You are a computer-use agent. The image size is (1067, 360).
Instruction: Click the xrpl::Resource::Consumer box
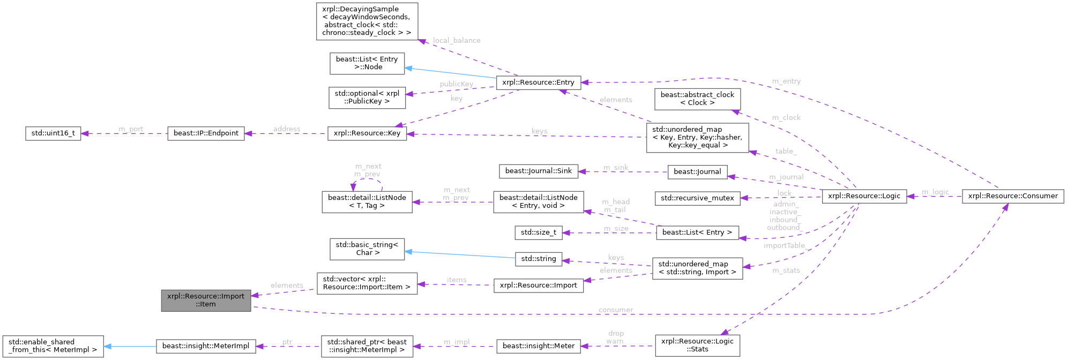point(1013,196)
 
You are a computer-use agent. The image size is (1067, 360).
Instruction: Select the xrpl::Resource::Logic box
point(864,196)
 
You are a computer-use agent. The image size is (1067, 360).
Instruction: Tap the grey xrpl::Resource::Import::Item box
point(206,300)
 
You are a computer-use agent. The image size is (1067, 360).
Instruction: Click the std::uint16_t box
point(53,133)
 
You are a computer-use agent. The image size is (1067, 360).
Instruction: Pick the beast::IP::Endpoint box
point(206,133)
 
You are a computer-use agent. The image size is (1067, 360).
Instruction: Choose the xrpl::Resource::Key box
point(367,133)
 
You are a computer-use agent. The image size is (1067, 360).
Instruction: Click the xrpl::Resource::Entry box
point(538,82)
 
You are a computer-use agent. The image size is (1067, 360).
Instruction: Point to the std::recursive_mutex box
point(697,198)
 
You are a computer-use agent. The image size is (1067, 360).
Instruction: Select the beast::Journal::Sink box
point(539,171)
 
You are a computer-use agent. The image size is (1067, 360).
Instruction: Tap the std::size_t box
point(539,232)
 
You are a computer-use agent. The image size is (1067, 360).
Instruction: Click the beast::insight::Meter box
point(539,346)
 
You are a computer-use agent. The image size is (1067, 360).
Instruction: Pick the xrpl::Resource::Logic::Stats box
point(697,345)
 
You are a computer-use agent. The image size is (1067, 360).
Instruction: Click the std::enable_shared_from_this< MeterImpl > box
point(53,346)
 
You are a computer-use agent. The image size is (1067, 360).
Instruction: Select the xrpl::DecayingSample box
point(367,21)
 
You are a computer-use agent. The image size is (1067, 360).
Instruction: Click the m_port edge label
point(131,129)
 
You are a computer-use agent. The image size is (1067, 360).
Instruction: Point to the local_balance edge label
point(457,40)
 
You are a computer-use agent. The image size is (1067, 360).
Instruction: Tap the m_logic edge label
point(935,192)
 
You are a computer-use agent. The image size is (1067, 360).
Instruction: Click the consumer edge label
point(616,310)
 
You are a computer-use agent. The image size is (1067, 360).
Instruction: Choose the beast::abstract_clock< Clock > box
point(697,99)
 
